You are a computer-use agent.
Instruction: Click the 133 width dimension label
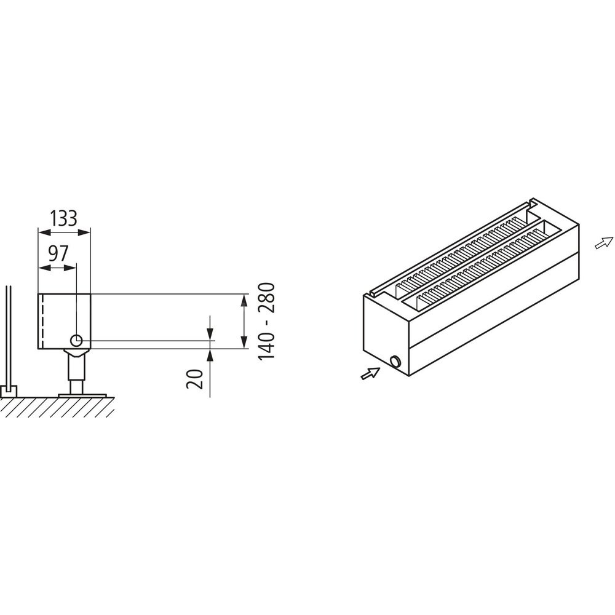64,218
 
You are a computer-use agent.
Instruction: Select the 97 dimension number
58,253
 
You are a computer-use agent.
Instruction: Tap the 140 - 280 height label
267,321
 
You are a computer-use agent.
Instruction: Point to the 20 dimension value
195,379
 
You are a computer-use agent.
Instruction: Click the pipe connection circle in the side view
76,341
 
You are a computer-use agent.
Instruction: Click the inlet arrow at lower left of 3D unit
370,373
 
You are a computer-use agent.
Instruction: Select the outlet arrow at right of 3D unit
604,243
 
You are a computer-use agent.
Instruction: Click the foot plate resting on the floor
82,395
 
